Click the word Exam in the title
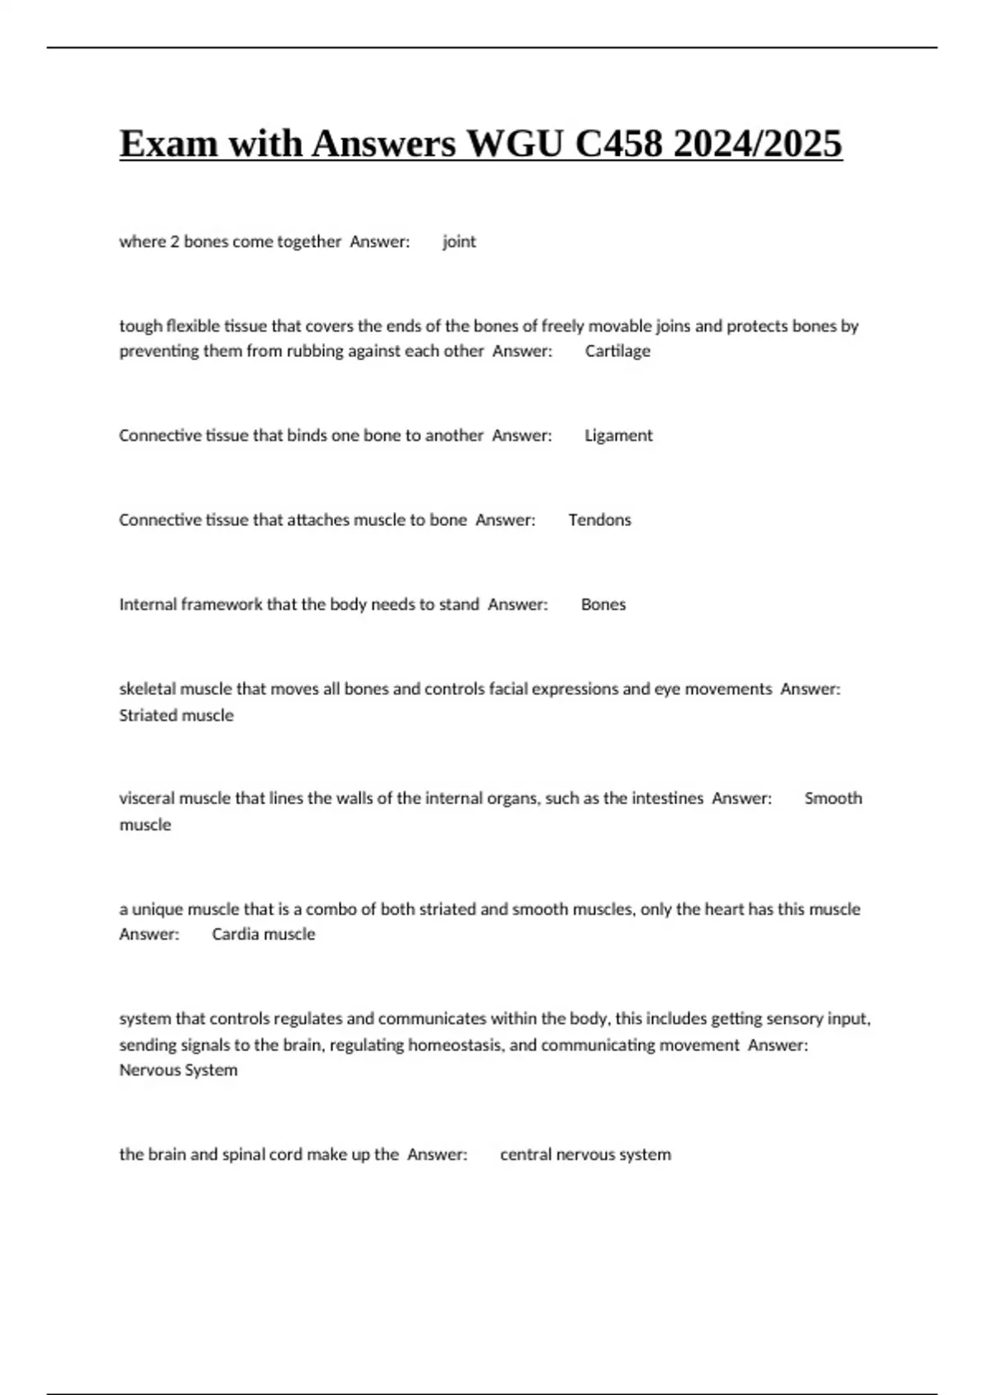click(168, 144)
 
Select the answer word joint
click(459, 241)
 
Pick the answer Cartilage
click(617, 350)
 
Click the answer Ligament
click(618, 435)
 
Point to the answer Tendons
click(599, 519)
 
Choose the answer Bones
click(603, 604)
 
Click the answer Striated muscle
click(176, 715)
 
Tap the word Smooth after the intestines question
click(833, 798)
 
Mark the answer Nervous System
click(178, 1070)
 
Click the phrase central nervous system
click(585, 1154)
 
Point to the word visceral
click(147, 798)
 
